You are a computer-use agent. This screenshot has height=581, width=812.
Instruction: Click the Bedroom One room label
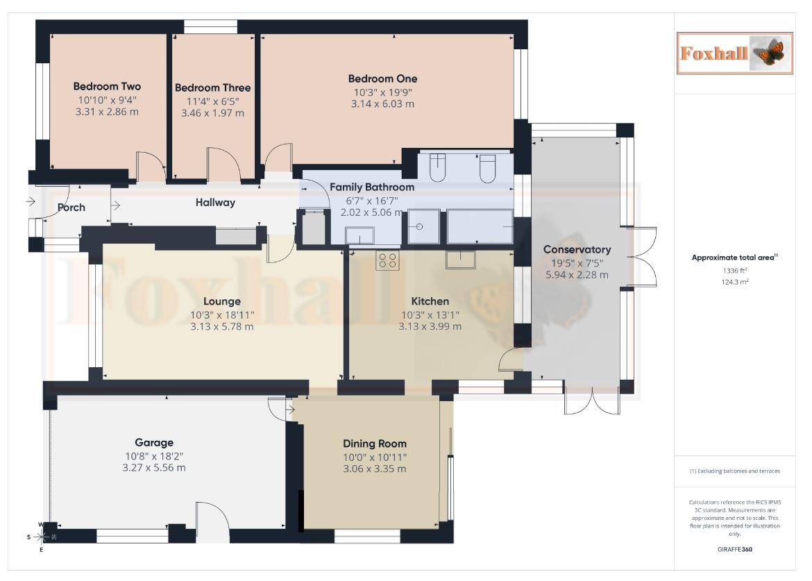pyautogui.click(x=382, y=78)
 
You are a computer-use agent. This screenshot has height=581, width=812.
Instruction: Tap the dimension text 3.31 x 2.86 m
pyautogui.click(x=107, y=111)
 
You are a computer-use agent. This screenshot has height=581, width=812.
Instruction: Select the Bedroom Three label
pyautogui.click(x=212, y=87)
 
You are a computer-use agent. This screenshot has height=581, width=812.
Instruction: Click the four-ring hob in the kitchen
pyautogui.click(x=387, y=260)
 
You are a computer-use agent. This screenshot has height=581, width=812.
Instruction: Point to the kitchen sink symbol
pyautogui.click(x=460, y=259)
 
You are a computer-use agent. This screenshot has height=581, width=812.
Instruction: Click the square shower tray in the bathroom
pyautogui.click(x=423, y=227)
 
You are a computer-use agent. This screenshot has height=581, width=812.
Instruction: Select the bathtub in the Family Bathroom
pyautogui.click(x=480, y=227)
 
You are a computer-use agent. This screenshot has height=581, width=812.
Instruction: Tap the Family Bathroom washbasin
pyautogui.click(x=360, y=238)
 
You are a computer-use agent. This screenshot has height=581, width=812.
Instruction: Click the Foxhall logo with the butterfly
pyautogui.click(x=734, y=53)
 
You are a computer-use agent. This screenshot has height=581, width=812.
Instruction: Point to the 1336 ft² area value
pyautogui.click(x=734, y=271)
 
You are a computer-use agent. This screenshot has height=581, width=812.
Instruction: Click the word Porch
pyautogui.click(x=71, y=207)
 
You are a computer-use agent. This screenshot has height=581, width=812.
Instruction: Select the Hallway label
pyautogui.click(x=215, y=203)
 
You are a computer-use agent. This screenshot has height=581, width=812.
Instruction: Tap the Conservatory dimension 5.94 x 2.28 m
pyautogui.click(x=577, y=274)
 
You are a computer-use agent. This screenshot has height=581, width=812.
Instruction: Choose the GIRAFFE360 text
pyautogui.click(x=734, y=549)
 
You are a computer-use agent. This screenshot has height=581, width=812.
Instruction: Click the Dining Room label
pyautogui.click(x=375, y=444)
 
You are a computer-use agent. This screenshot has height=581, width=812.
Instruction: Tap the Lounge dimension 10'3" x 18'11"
pyautogui.click(x=222, y=314)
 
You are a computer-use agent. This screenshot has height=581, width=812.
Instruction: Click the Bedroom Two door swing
pyautogui.click(x=151, y=167)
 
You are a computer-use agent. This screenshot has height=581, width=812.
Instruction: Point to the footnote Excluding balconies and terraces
pyautogui.click(x=734, y=471)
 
